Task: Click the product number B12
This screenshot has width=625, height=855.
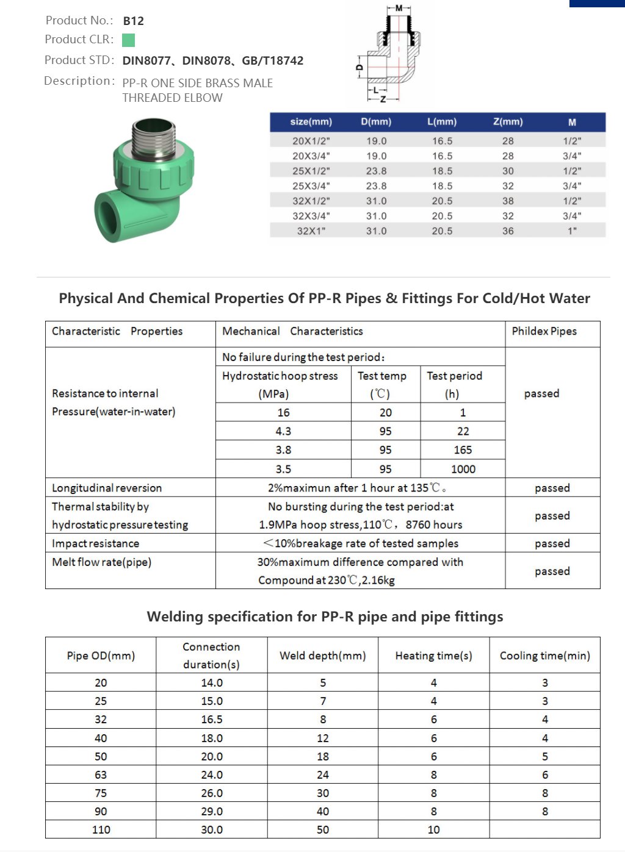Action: point(133,21)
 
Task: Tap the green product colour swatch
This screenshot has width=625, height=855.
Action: point(128,40)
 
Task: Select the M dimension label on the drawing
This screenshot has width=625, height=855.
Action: point(399,8)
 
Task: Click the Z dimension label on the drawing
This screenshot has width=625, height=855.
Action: point(383,99)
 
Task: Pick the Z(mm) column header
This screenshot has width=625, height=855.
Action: point(508,122)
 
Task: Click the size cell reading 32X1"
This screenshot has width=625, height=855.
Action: point(311,231)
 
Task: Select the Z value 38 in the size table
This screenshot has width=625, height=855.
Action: point(508,201)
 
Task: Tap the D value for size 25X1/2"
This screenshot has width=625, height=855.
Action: point(376,171)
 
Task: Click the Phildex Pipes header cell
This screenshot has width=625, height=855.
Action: point(544,331)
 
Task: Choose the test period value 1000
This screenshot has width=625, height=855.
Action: point(463,469)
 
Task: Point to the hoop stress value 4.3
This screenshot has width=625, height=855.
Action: point(283,431)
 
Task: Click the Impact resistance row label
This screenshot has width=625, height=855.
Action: point(95,543)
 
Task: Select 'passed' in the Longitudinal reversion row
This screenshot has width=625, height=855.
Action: point(552,488)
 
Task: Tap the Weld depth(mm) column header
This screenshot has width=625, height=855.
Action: point(322,656)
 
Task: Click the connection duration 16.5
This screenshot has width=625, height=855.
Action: point(212,720)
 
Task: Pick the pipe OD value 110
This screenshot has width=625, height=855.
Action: point(101,830)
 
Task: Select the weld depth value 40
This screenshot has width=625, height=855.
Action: point(322,812)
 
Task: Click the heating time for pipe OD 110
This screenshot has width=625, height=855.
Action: point(433,830)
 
